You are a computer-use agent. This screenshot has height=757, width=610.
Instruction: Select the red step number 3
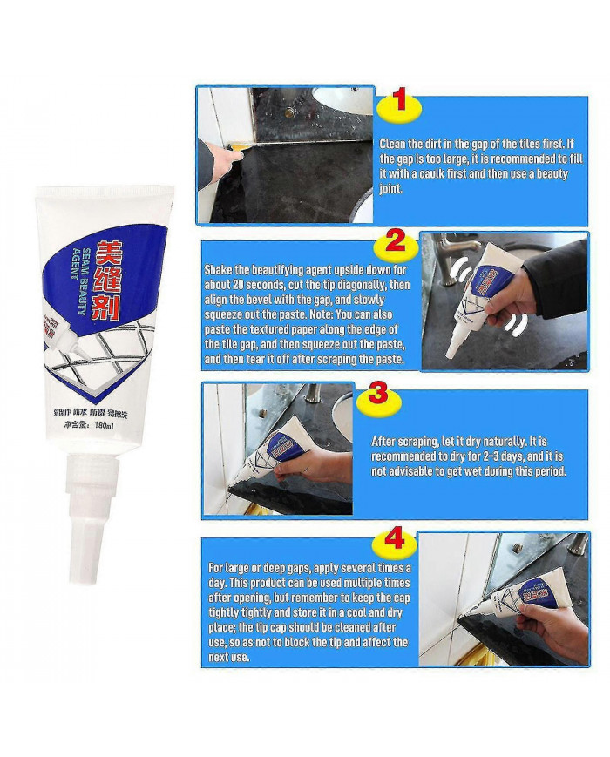tap(376, 392)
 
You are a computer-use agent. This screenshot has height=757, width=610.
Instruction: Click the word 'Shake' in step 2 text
tap(219, 270)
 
